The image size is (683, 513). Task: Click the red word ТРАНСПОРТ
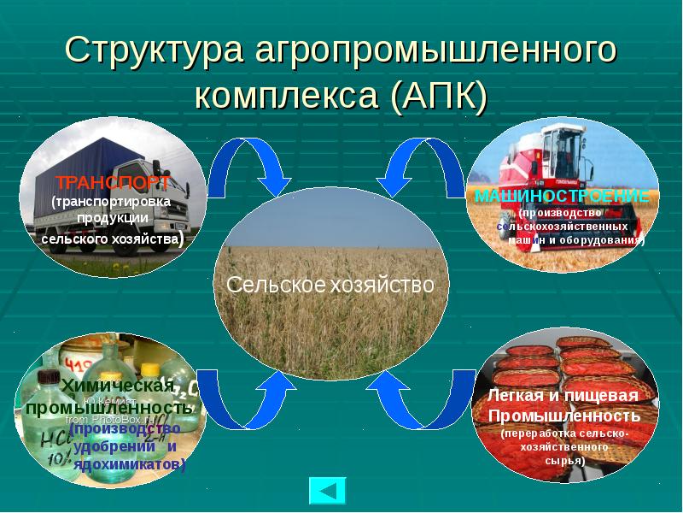(x=112, y=182)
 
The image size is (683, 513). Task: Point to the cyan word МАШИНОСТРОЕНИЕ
(x=562, y=196)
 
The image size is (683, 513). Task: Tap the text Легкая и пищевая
(x=563, y=396)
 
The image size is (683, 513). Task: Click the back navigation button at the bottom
(x=327, y=491)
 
